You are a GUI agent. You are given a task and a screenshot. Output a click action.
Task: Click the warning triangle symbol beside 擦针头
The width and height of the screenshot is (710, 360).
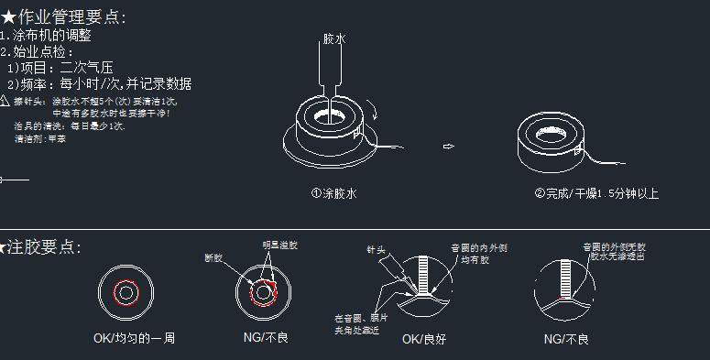pos(5,100)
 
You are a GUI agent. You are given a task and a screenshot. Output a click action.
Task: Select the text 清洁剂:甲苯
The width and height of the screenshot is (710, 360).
pos(40,138)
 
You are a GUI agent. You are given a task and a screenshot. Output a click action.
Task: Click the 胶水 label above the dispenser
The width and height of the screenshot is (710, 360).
pos(334,39)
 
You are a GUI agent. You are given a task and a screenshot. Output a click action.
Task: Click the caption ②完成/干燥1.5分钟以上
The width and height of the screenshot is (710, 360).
pos(596,193)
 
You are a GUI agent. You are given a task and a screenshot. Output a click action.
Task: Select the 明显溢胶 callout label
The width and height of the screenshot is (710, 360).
pos(279,245)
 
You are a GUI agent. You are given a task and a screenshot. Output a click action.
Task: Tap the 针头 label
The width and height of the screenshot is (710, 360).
pos(377,249)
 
